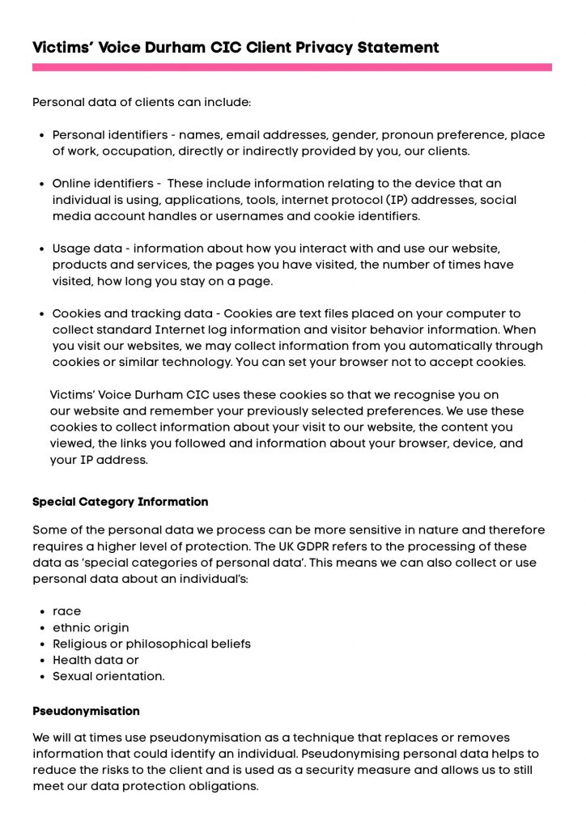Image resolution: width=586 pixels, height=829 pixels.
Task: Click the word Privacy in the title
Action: (x=326, y=47)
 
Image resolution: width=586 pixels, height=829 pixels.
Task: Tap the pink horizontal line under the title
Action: (x=291, y=68)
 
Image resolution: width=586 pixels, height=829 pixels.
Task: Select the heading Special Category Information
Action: (x=120, y=502)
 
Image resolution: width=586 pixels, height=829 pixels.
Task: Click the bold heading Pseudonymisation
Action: (x=86, y=711)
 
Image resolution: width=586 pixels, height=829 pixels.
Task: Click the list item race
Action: (x=66, y=611)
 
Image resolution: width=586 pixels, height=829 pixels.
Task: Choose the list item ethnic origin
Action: (x=91, y=627)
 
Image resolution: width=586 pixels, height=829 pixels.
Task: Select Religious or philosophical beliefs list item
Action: (x=151, y=644)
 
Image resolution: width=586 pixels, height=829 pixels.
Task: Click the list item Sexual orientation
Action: (x=108, y=676)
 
